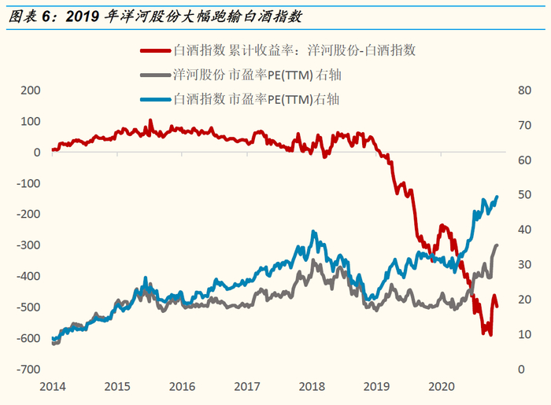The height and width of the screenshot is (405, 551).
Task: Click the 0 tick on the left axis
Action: [36, 153]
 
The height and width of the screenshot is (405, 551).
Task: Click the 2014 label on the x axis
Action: [52, 386]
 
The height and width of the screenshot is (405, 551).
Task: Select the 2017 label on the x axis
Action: [247, 386]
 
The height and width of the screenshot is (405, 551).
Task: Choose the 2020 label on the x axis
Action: [442, 386]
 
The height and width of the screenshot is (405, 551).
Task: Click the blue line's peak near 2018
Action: [314, 232]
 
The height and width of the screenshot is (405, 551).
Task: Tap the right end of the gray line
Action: [497, 245]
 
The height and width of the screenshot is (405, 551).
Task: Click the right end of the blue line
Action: [497, 197]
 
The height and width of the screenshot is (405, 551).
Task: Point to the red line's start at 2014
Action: [53, 149]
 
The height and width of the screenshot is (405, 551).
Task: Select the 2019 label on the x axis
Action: [377, 386]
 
